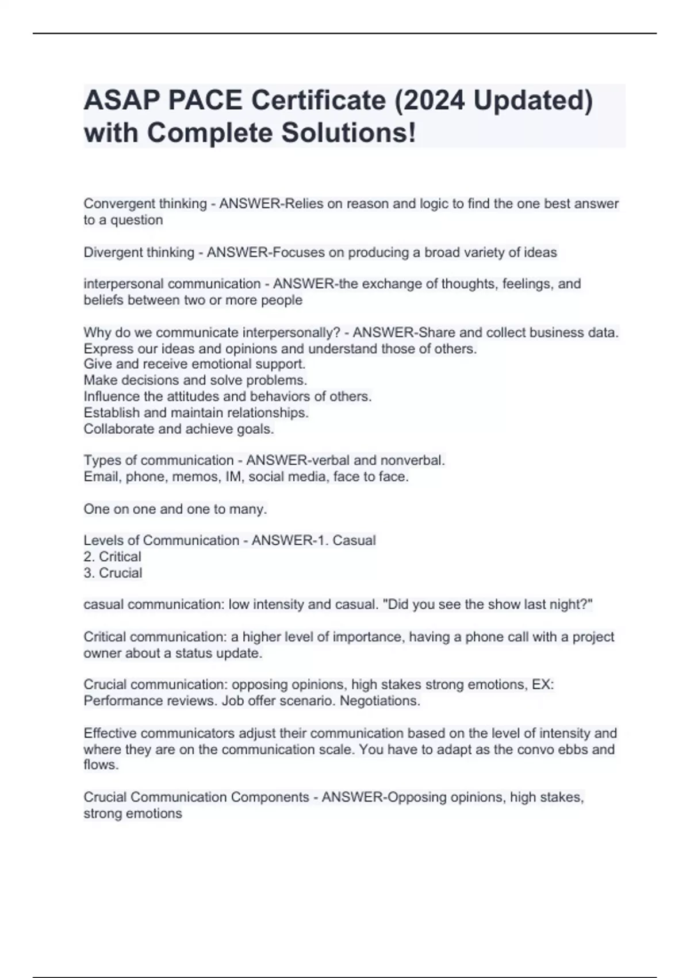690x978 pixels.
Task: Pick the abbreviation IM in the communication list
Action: [x=234, y=476]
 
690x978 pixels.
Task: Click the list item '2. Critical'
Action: [x=112, y=556]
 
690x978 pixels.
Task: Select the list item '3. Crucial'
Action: [x=113, y=572]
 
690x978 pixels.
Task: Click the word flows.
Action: [x=101, y=765]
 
